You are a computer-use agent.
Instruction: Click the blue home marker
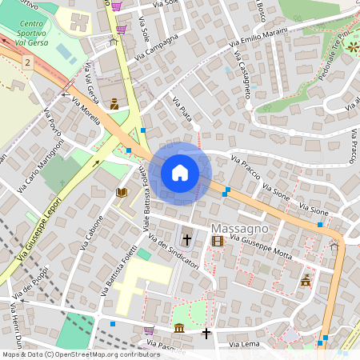click(x=180, y=173)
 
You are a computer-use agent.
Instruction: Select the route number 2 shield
click(x=28, y=62)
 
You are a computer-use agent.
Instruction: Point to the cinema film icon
click(x=218, y=240)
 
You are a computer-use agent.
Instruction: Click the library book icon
click(x=122, y=193)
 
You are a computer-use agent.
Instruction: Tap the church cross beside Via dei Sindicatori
click(x=187, y=239)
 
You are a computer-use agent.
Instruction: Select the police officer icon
click(x=114, y=103)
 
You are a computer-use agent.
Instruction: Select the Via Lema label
click(x=245, y=344)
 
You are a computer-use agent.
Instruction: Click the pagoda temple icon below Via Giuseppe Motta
click(x=306, y=280)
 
